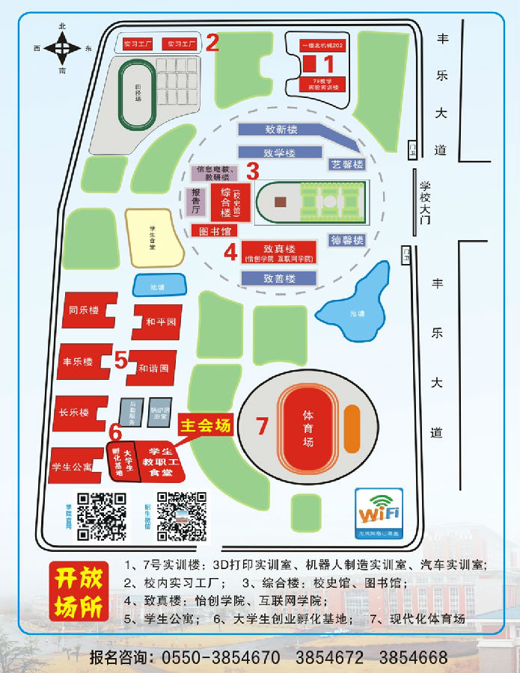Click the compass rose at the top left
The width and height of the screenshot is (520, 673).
coord(62,49)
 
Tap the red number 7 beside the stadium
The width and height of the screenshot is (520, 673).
coord(262,425)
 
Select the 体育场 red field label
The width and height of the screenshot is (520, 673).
coord(308,428)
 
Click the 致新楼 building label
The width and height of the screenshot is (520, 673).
coord(281,129)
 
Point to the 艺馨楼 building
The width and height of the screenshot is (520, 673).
coord(347,165)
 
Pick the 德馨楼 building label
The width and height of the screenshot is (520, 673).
coord(347,240)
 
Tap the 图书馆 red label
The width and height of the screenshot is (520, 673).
coord(215,230)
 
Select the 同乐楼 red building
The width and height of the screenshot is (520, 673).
coord(84,309)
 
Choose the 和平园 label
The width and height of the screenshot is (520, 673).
coord(160,322)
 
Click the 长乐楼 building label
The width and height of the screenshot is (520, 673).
coord(75,412)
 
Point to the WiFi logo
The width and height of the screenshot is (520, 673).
coord(379,512)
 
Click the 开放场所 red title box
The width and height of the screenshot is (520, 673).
coord(77,592)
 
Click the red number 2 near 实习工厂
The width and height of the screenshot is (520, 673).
coord(212,42)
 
